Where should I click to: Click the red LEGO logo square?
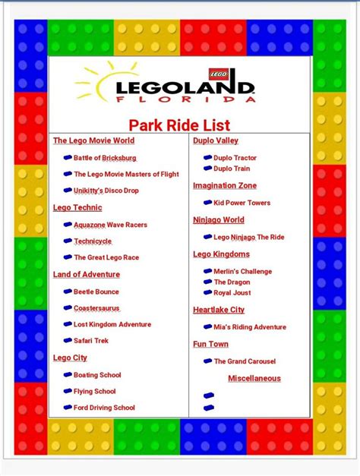[x=218, y=74]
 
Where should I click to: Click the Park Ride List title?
[x=179, y=125]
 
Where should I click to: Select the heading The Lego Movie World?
[x=94, y=140]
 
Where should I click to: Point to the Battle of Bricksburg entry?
[x=105, y=158]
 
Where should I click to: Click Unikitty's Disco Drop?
[x=106, y=191]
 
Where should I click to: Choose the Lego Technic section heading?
[x=77, y=208]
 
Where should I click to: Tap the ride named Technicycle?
[x=93, y=241]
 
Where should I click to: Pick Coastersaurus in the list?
[x=96, y=308]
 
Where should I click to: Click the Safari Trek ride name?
[x=91, y=341]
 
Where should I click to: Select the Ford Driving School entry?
[x=104, y=408]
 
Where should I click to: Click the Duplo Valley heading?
[x=216, y=140]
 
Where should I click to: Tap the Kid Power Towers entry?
[x=242, y=203]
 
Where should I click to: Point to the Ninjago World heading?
[x=219, y=220]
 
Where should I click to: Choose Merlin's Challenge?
[x=243, y=271]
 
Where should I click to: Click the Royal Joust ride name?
[x=232, y=292]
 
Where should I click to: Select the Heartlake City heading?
[x=219, y=310]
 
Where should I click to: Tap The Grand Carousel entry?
[x=245, y=361]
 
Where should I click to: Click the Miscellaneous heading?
[x=254, y=378]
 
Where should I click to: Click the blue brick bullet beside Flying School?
[x=68, y=391]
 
